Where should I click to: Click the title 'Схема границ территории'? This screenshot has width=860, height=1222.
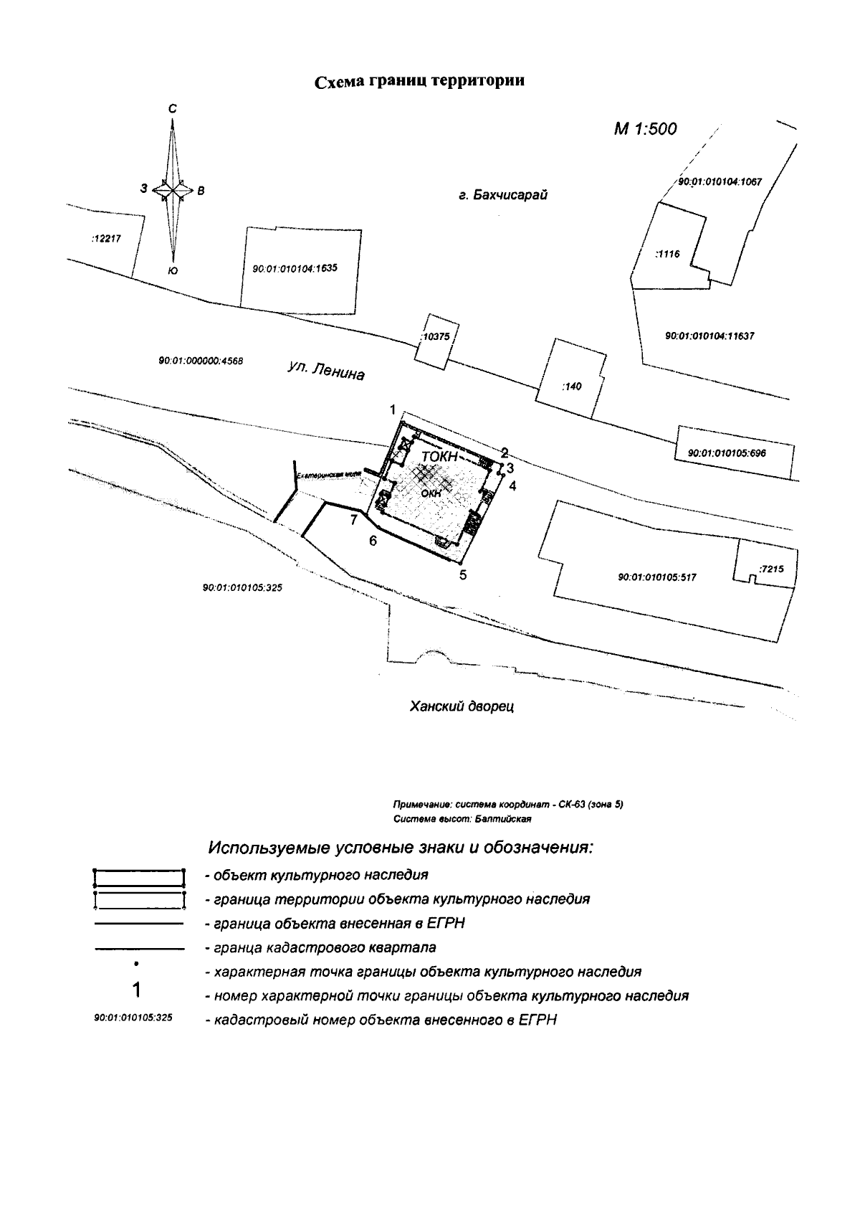420,81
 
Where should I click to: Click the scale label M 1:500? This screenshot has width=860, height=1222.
645,129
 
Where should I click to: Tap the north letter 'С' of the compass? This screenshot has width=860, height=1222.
172,109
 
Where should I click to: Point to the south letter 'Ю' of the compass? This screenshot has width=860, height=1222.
172,270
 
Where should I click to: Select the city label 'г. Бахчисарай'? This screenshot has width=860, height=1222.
503,195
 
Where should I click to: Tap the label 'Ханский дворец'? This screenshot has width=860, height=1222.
462,706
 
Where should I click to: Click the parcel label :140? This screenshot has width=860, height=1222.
573,387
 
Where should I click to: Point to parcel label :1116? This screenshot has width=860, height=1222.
667,253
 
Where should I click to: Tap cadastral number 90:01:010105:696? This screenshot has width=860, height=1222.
727,453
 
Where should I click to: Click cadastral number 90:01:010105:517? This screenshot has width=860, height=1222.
656,577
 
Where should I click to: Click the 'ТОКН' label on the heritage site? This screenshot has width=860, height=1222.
439,456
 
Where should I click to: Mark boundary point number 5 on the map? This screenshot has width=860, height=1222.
463,574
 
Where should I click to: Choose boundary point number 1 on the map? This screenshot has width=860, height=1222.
393,409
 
